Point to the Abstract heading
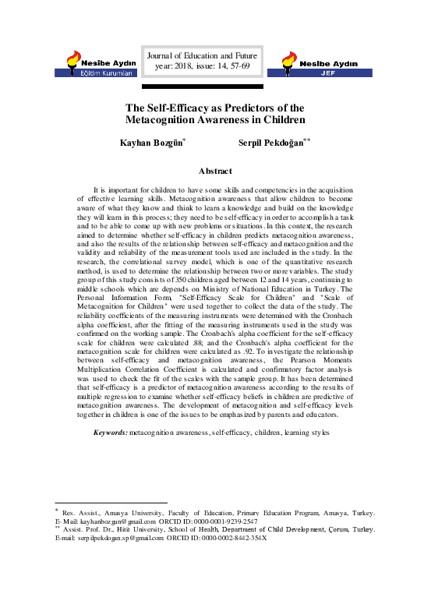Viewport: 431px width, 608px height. (216, 170)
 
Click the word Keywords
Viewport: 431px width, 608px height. (110, 432)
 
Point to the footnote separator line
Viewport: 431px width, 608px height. (105, 503)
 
